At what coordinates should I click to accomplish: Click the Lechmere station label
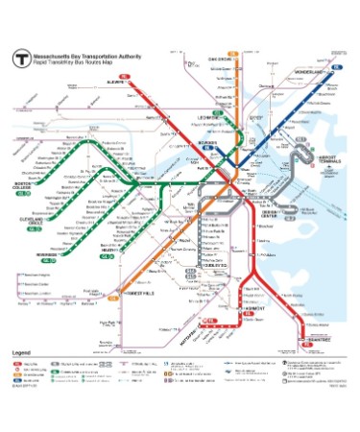[x=209, y=118]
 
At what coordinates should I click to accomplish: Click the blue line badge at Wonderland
[x=338, y=67]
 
